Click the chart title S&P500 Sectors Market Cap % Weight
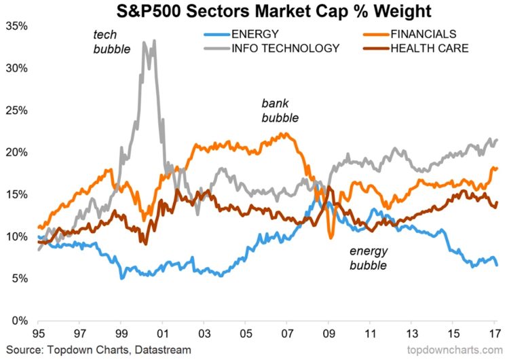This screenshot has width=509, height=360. pyautogui.click(x=254, y=12)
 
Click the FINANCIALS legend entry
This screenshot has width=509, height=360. pyautogui.click(x=422, y=34)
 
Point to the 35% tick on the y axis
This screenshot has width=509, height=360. pyautogui.click(x=16, y=26)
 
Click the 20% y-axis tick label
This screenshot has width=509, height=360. pyautogui.click(x=16, y=153)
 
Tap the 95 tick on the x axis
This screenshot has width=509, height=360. pyautogui.click(x=39, y=334)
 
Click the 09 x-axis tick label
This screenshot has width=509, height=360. pyautogui.click(x=329, y=334)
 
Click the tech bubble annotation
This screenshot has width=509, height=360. pyautogui.click(x=111, y=42)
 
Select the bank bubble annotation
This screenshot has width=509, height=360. pyautogui.click(x=280, y=111)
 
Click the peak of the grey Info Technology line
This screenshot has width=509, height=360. pyautogui.click(x=154, y=41)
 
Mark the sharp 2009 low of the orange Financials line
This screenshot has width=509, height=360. pyautogui.click(x=331, y=237)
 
